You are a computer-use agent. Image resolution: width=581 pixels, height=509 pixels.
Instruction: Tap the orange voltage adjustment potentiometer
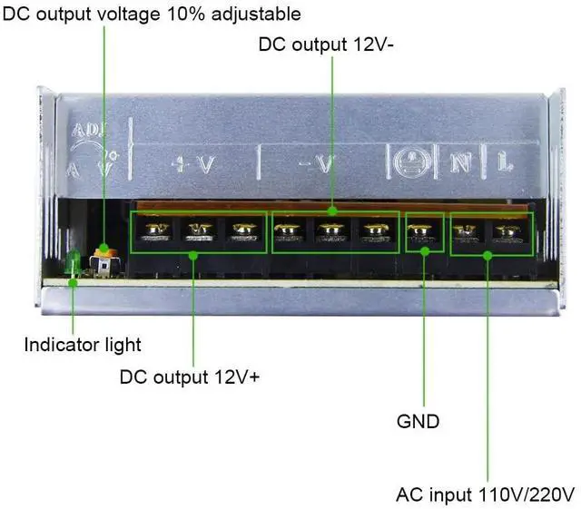[106, 250]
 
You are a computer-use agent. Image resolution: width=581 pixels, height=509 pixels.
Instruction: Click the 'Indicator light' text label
[83, 345]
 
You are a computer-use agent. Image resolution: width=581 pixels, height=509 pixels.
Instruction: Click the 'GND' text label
[419, 421]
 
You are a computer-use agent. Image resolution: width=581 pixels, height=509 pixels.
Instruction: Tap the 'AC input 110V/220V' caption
[486, 495]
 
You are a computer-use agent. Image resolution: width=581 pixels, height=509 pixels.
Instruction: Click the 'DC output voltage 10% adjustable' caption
[153, 15]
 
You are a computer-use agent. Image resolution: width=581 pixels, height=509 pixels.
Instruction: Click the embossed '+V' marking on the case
[192, 163]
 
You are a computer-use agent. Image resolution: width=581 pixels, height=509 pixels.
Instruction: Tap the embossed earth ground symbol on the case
[410, 162]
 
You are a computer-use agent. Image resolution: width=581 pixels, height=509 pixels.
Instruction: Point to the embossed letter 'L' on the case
[505, 163]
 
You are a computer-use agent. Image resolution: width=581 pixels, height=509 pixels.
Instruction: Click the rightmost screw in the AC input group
[505, 233]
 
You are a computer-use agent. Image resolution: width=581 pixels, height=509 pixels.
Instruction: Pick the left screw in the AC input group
[467, 233]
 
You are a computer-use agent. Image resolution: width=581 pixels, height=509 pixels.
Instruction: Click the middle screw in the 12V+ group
[199, 233]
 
